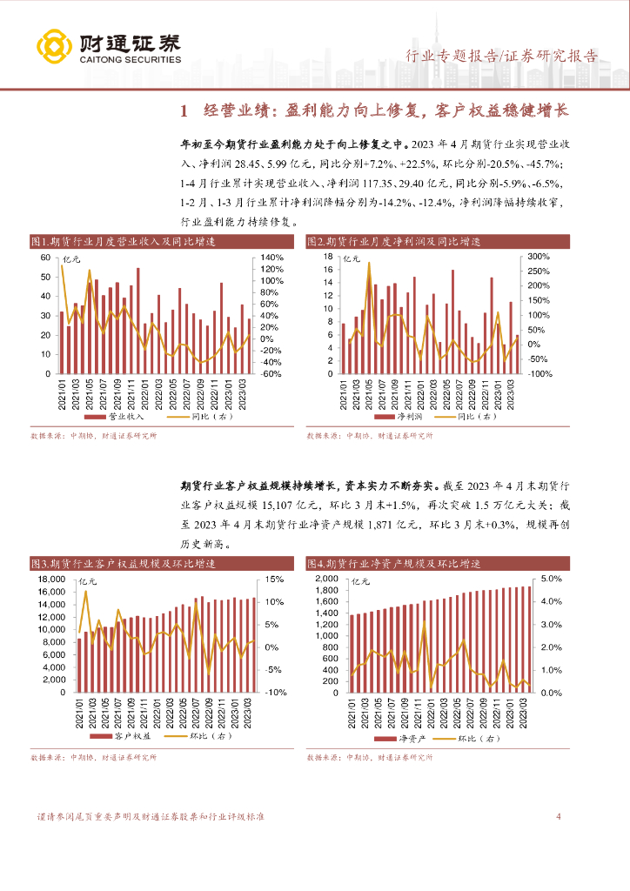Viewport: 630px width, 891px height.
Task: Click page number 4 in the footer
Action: coord(558,817)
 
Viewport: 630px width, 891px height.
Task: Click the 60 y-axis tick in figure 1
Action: coord(43,258)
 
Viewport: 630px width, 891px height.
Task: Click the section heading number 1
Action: coord(183,111)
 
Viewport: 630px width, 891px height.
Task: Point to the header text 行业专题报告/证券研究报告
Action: coord(503,57)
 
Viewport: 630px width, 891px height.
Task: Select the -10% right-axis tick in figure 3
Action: coord(269,693)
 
